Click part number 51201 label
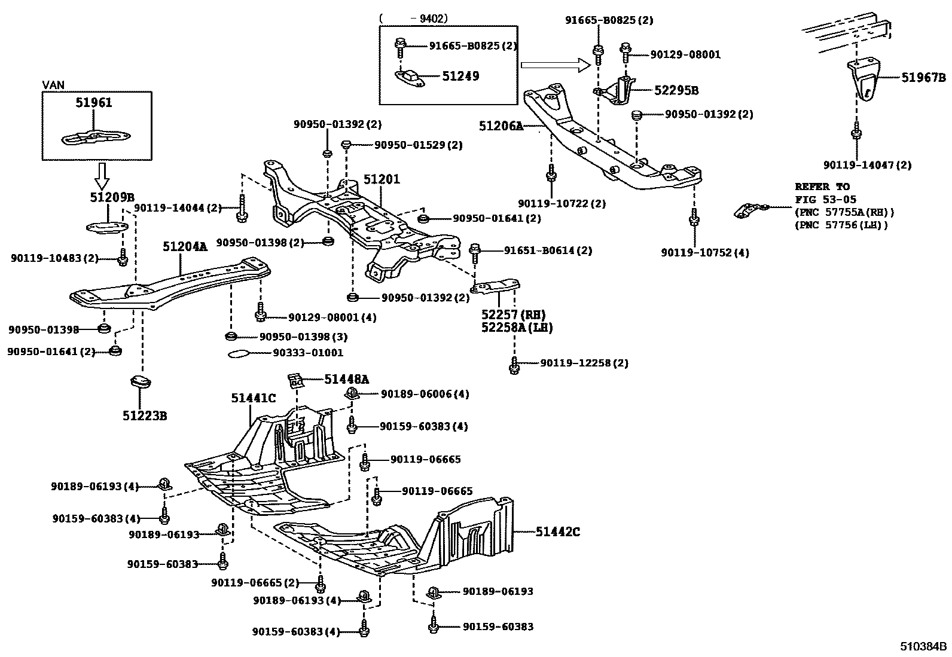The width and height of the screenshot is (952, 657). (x=382, y=179)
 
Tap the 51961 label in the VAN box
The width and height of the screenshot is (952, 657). (x=94, y=103)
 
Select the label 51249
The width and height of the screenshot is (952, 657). (x=460, y=76)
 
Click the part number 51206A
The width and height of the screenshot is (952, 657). (x=501, y=126)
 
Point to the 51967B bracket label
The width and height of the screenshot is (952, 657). (x=923, y=77)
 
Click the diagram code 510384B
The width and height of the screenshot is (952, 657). (x=924, y=646)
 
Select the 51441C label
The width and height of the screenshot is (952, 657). (x=254, y=398)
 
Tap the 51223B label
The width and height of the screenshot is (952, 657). (x=145, y=415)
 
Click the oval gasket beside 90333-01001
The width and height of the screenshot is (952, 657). (x=241, y=353)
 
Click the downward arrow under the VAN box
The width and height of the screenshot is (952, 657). (x=102, y=175)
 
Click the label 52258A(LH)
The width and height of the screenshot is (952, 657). (x=517, y=328)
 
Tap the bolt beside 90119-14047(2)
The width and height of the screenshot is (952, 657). (x=856, y=133)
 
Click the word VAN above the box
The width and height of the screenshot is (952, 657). (x=54, y=85)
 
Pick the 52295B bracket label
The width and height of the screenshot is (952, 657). (x=676, y=90)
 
